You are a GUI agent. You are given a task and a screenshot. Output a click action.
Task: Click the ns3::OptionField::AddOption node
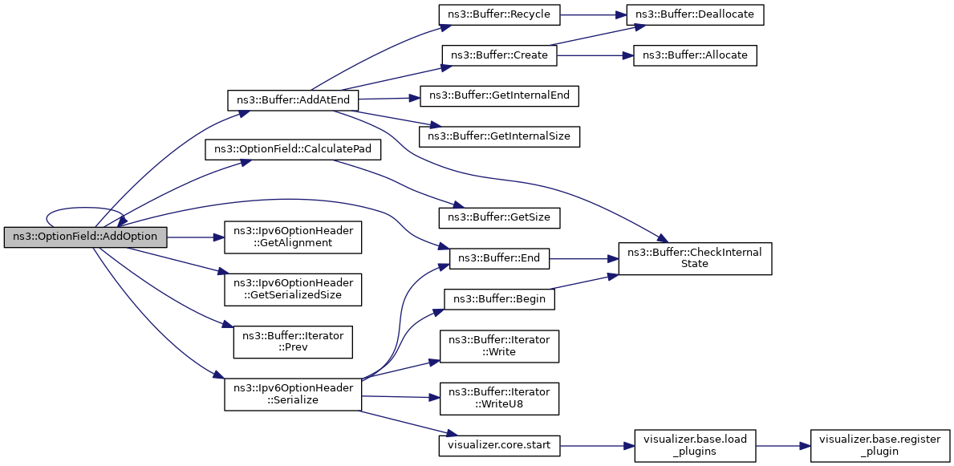click(x=85, y=237)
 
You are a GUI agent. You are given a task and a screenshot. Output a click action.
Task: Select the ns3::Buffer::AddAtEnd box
click(x=293, y=100)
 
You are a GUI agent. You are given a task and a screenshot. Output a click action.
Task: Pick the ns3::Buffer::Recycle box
click(x=499, y=14)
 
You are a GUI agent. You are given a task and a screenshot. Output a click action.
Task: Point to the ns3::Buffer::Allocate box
click(x=695, y=56)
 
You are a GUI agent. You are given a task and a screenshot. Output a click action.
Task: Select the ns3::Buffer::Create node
click(x=499, y=56)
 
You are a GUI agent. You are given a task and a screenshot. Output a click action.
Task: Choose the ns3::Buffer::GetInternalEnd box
click(x=499, y=95)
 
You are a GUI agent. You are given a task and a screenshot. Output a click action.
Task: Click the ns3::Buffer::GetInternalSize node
click(x=499, y=136)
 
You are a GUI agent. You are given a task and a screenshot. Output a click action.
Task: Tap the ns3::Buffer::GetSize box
click(x=499, y=218)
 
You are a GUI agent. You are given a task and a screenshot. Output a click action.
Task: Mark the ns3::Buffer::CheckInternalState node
click(x=695, y=258)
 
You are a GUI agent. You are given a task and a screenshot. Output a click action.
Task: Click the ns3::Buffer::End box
click(x=499, y=258)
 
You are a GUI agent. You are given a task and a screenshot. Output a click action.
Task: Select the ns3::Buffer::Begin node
click(x=499, y=299)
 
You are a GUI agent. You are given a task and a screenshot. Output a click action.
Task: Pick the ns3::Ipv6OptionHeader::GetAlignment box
click(x=293, y=237)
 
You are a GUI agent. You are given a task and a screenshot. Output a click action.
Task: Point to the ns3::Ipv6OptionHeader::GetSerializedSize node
click(x=293, y=290)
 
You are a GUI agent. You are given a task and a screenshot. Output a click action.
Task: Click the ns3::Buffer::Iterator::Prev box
click(x=293, y=342)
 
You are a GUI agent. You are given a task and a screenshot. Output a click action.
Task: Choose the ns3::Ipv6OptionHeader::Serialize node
click(x=293, y=394)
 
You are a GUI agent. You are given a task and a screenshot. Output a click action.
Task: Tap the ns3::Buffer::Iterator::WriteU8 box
click(x=499, y=399)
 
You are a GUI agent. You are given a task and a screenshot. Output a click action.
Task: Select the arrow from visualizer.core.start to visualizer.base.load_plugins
click(x=596, y=446)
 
